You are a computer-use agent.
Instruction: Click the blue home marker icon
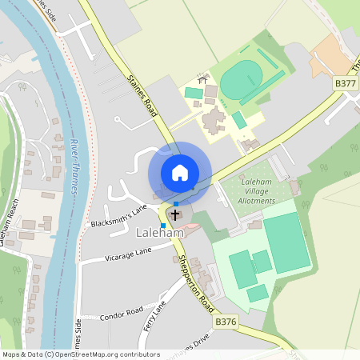pos(180,173)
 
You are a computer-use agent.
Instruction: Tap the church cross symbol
pos(175,215)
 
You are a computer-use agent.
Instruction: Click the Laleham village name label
pos(160,233)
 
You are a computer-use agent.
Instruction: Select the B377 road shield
pos(346,83)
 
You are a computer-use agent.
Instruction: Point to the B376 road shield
pos(226,321)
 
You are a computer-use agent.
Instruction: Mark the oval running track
pos(242,80)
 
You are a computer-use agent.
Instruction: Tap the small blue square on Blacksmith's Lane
pos(163,226)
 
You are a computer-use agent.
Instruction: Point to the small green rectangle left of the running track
pos(194,93)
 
